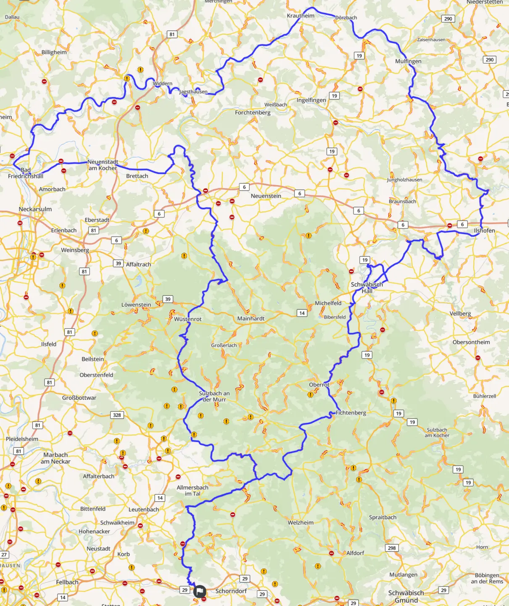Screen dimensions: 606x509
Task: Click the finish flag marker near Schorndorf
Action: (x=200, y=591)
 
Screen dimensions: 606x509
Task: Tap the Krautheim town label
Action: (x=301, y=16)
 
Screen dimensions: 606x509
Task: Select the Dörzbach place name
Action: (x=346, y=18)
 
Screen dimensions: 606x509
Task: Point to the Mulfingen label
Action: (x=408, y=61)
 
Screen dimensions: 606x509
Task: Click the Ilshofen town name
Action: (x=484, y=231)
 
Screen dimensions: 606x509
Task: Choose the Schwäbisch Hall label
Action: (x=367, y=287)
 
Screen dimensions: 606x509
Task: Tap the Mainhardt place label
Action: (x=251, y=319)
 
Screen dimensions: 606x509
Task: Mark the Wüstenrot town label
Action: (x=188, y=319)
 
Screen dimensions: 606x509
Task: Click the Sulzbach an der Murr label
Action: (x=214, y=396)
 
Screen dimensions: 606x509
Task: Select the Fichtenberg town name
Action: (x=351, y=413)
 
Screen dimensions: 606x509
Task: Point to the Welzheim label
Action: (x=301, y=523)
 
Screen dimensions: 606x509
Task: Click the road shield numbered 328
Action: (x=117, y=415)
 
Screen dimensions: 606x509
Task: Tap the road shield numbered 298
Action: (x=392, y=548)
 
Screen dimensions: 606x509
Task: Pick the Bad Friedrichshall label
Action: (x=26, y=173)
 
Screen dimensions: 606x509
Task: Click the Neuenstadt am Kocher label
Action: (x=103, y=165)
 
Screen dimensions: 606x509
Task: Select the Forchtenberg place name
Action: (x=253, y=112)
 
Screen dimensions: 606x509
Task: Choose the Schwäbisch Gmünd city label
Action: (x=406, y=596)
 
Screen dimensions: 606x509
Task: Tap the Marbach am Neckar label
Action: (x=55, y=458)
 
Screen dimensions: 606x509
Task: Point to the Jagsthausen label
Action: (x=193, y=92)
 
